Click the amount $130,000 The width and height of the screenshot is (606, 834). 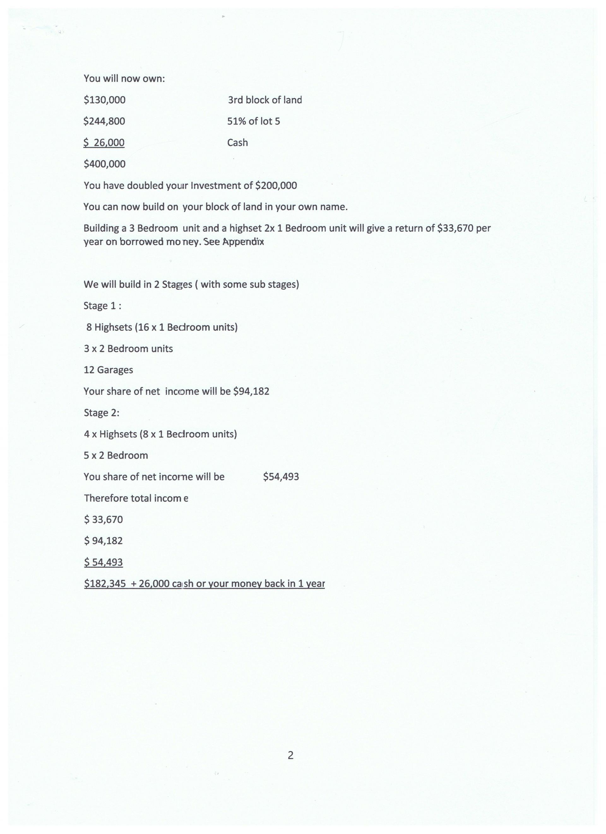(104, 100)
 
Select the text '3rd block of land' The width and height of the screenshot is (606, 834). (264, 100)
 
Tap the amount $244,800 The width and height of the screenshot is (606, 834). (104, 121)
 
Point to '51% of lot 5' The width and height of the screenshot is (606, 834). (253, 121)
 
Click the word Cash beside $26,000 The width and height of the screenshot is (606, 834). (237, 143)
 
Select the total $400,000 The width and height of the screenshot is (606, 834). (104, 164)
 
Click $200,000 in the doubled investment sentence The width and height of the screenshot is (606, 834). (276, 185)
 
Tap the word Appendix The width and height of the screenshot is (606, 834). (243, 242)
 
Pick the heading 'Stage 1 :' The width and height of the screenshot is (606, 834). (102, 306)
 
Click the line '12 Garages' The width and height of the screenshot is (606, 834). (108, 370)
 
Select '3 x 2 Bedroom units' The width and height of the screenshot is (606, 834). (128, 348)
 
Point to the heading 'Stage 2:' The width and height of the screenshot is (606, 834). (101, 413)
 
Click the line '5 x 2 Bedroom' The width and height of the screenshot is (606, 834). (116, 456)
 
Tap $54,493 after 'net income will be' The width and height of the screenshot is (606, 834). (281, 477)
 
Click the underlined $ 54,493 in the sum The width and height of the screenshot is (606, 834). (103, 562)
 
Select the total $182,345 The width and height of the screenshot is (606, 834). (105, 583)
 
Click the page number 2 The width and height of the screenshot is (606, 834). (290, 755)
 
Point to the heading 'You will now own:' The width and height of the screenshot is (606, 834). (124, 79)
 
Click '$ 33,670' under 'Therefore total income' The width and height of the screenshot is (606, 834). (103, 520)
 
